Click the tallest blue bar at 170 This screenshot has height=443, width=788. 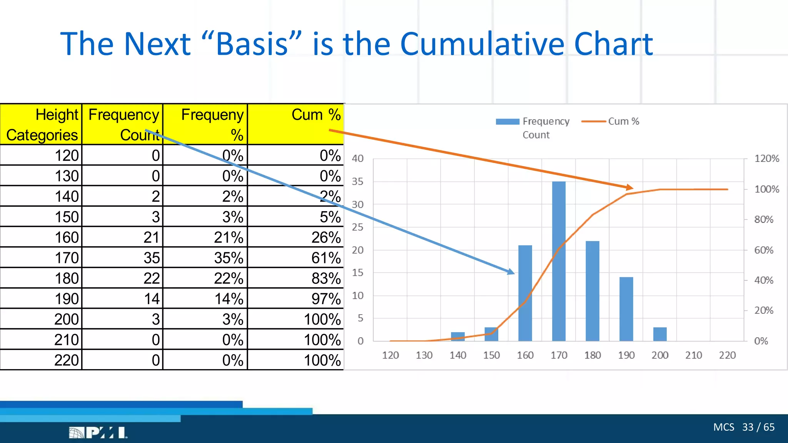559,261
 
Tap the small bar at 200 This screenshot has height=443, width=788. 660,334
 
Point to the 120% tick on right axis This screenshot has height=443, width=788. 766,158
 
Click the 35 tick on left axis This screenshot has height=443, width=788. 357,182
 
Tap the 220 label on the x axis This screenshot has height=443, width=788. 727,355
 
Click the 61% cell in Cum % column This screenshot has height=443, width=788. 326,258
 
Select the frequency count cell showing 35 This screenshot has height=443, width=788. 152,258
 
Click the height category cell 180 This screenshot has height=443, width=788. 67,278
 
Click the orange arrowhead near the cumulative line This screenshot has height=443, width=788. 629,187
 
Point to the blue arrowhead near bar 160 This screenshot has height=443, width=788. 511,271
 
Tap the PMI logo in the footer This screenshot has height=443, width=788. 98,433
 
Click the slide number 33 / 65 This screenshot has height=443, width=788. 758,427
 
